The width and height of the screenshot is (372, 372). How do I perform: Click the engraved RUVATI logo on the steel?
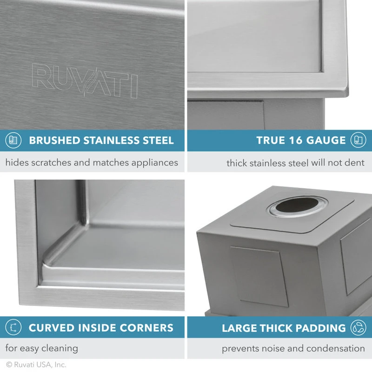[x=85, y=80]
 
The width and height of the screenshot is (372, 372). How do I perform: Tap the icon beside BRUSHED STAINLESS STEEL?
[x=13, y=140]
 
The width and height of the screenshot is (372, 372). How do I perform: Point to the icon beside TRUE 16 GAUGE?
[x=359, y=140]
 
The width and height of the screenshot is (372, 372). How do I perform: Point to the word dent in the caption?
[x=356, y=163]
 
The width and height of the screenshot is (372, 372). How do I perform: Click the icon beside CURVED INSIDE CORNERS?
[x=13, y=327]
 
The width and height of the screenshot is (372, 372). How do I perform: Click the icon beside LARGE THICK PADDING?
[x=359, y=327]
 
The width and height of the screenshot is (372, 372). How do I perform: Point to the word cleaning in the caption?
[x=59, y=348]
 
